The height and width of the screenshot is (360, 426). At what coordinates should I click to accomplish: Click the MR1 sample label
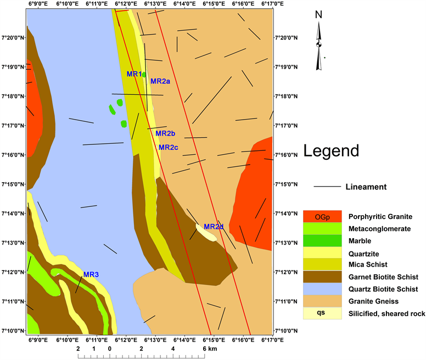tap(134, 74)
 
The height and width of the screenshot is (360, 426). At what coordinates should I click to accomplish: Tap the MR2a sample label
tap(160, 81)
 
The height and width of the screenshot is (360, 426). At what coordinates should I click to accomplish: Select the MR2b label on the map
tap(165, 133)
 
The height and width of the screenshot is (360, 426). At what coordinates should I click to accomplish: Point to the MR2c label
tap(169, 148)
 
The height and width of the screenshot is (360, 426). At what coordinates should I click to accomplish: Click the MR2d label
tap(214, 227)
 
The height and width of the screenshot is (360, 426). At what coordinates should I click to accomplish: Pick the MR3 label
tap(91, 274)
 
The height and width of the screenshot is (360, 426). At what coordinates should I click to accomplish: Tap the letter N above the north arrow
tap(318, 15)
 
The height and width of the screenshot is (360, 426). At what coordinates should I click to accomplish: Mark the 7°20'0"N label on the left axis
tap(13, 37)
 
